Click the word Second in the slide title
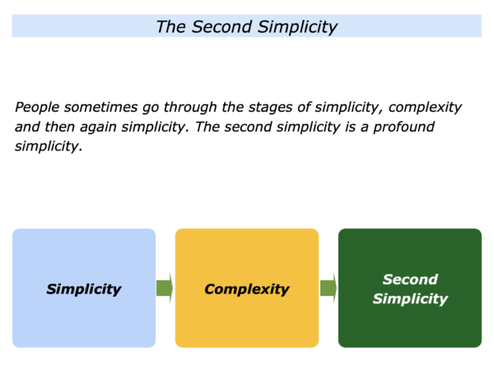pyautogui.click(x=221, y=27)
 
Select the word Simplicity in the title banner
pyautogui.click(x=298, y=28)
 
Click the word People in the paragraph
pyautogui.click(x=37, y=108)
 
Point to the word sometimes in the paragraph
pyautogui.click(x=100, y=107)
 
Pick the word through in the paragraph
pyautogui.click(x=190, y=108)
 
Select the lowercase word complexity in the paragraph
pyautogui.click(x=425, y=108)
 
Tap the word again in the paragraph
pyautogui.click(x=98, y=127)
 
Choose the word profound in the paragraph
pyautogui.click(x=404, y=127)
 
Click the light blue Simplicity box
pyautogui.click(x=84, y=288)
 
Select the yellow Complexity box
pyautogui.click(x=247, y=288)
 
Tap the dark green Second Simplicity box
pyautogui.click(x=410, y=288)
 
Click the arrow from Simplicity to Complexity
pyautogui.click(x=165, y=288)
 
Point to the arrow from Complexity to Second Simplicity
pyautogui.click(x=329, y=288)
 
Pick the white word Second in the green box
pyautogui.click(x=410, y=280)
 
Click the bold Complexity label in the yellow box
pyautogui.click(x=247, y=289)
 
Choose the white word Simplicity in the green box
pyautogui.click(x=410, y=298)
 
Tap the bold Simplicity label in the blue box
pyautogui.click(x=84, y=289)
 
